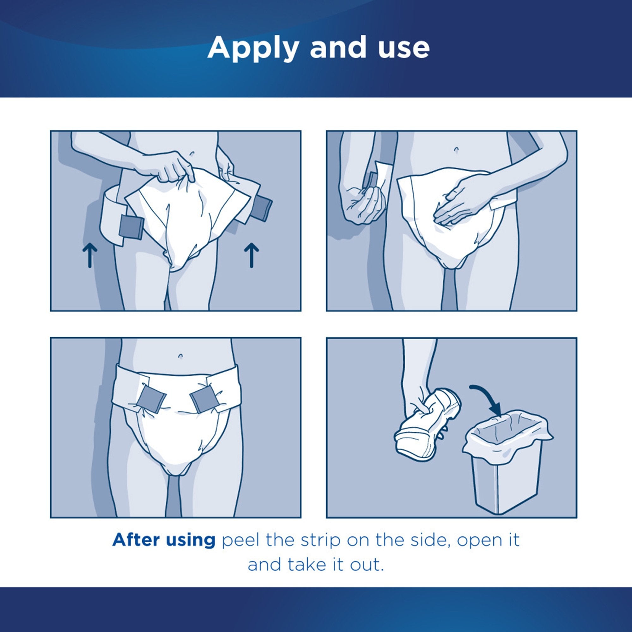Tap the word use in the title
tap(403, 48)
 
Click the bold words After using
tap(164, 540)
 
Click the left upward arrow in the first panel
tap(90, 255)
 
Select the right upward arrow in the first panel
tap(251, 255)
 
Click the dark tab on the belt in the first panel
tap(131, 227)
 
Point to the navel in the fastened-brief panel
tap(180, 355)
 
